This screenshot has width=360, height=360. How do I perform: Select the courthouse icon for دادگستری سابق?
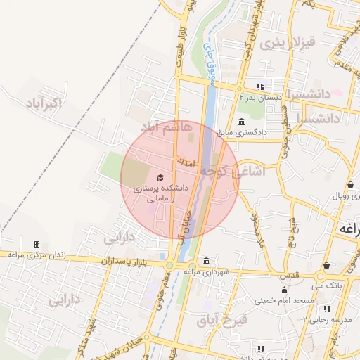click(242, 121)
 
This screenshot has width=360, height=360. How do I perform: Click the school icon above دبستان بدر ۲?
click(259, 86)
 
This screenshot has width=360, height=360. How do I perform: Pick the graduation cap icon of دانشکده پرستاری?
click(160, 178)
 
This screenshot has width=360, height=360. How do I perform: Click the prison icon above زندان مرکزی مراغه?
click(37, 244)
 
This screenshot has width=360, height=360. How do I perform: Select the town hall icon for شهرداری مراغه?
click(205, 261)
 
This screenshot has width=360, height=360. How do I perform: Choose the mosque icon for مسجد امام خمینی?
click(284, 290)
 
